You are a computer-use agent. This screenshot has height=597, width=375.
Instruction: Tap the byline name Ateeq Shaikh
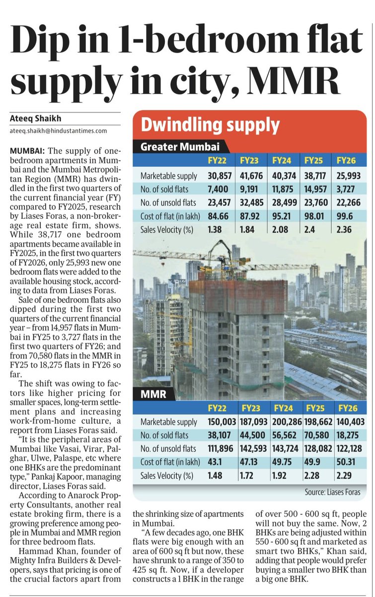click(34, 119)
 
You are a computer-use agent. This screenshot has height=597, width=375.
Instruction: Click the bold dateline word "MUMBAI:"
click(27, 151)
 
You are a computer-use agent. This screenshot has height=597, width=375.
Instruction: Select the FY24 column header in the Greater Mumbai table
click(282, 161)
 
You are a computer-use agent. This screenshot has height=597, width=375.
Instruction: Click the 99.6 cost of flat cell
click(346, 216)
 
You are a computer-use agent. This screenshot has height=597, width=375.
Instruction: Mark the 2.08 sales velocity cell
click(282, 230)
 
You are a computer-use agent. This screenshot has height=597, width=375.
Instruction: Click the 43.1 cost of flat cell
click(216, 462)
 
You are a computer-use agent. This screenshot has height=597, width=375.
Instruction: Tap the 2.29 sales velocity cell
click(345, 476)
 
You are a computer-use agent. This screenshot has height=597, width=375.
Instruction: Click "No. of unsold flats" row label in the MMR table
click(168, 449)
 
